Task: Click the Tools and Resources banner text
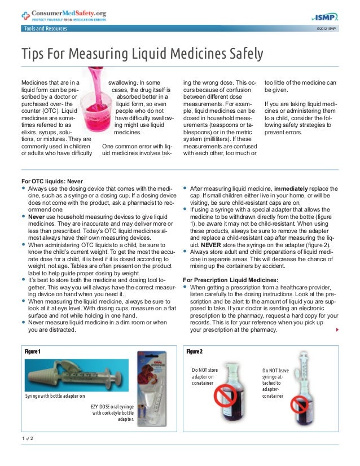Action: pos(45,29)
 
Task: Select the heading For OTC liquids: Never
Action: pos(51,181)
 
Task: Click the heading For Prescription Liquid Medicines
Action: pos(231,280)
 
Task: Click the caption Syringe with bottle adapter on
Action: pos(55,395)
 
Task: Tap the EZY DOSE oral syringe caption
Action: pos(113,412)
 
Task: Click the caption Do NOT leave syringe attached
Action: pos(276,383)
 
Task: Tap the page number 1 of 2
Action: pos(27,438)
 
